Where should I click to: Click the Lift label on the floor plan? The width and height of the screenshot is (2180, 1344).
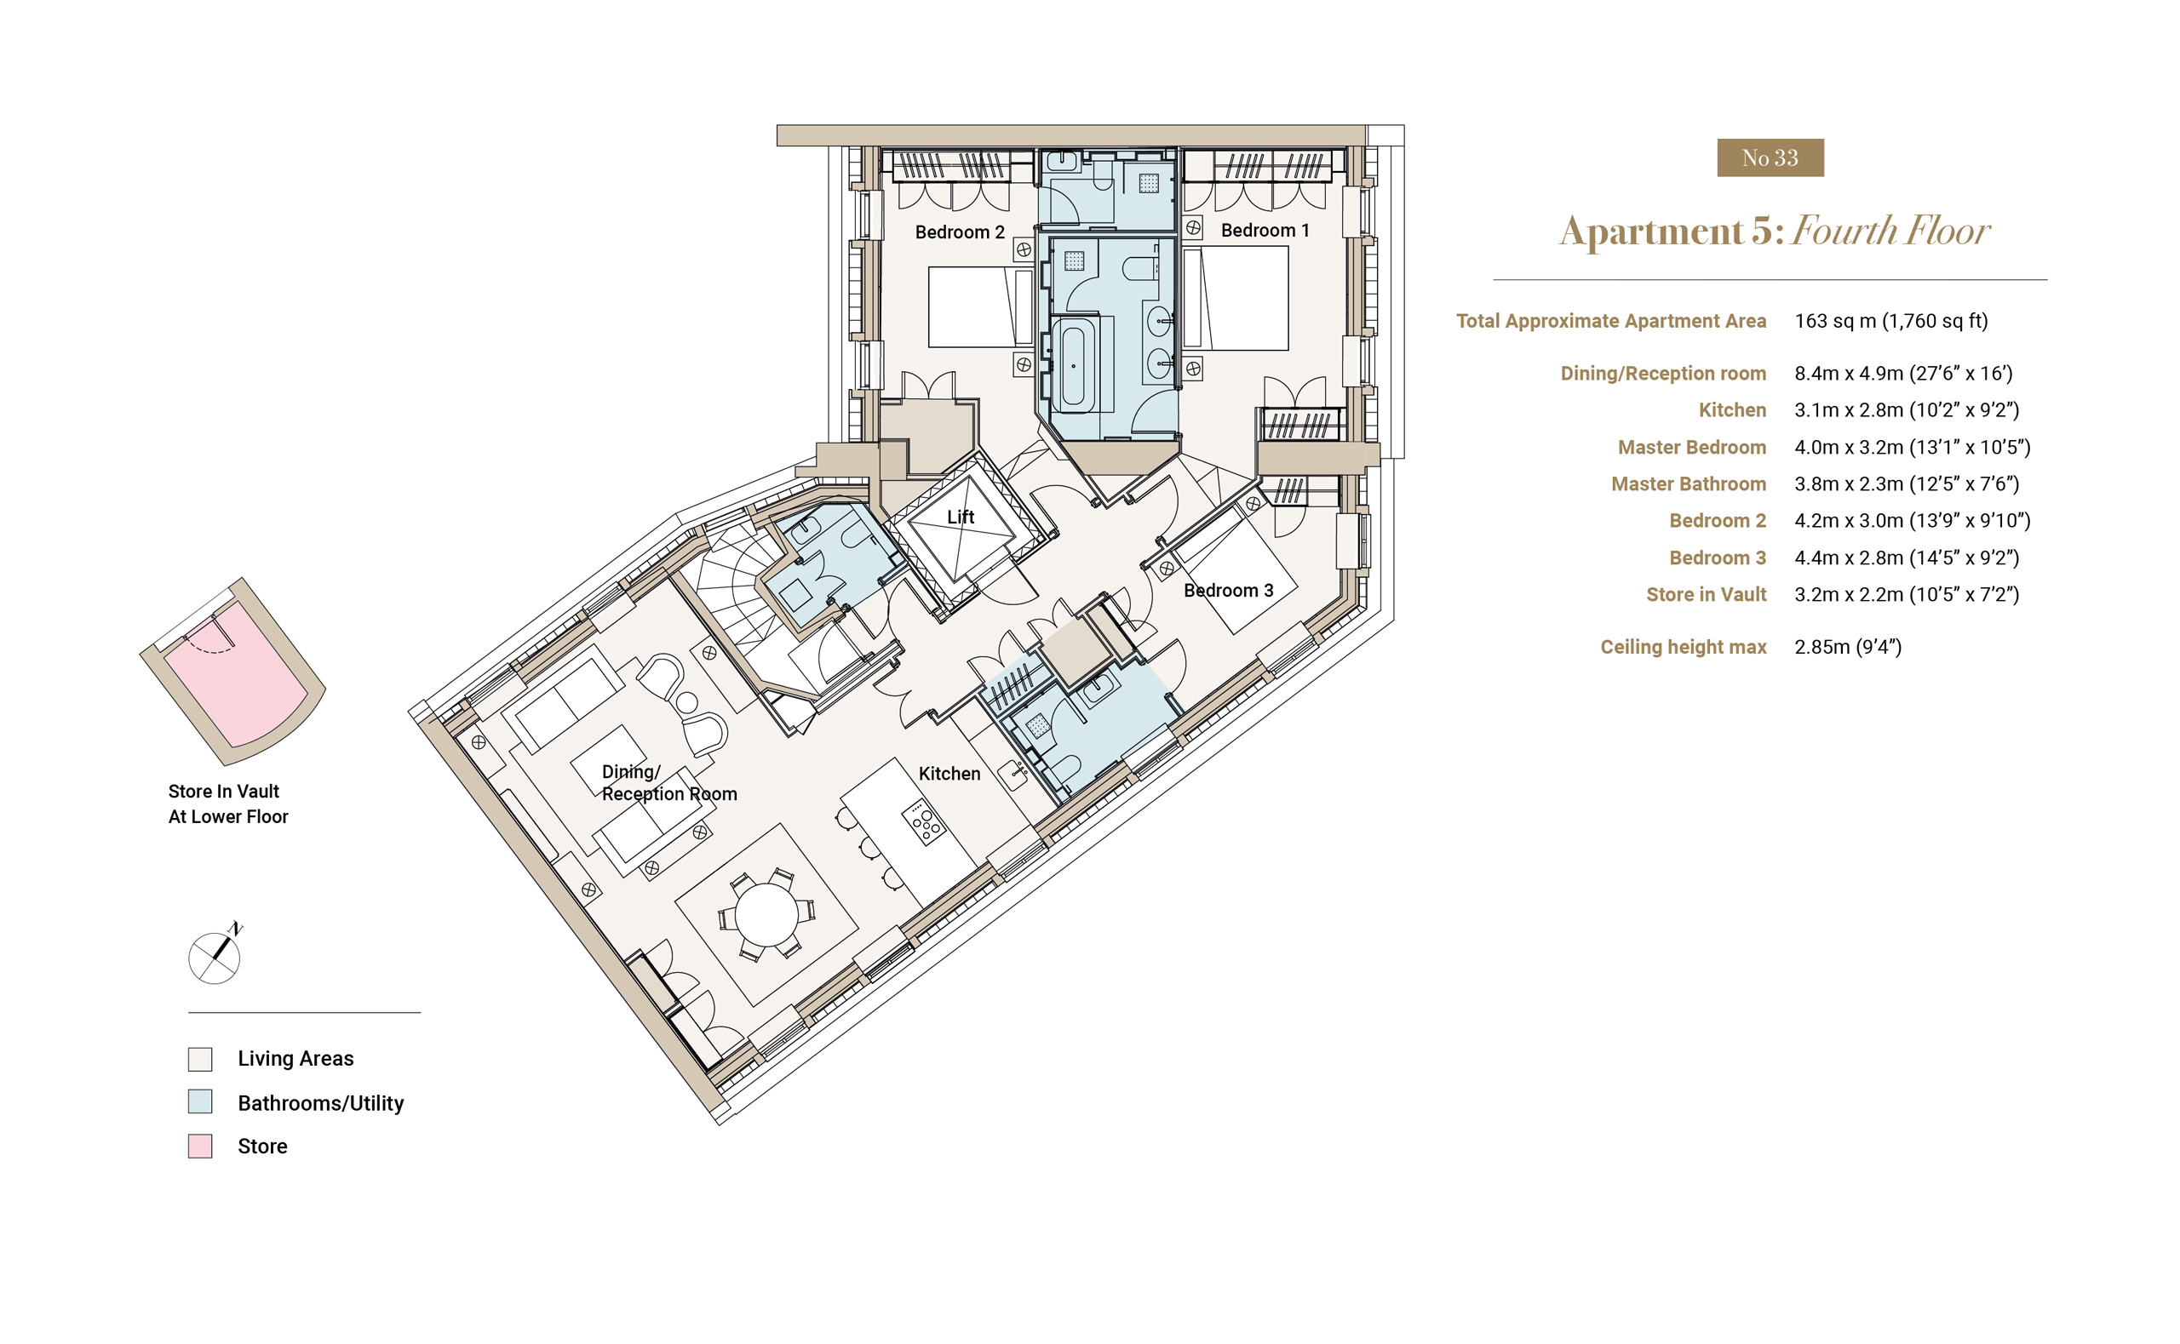tap(961, 518)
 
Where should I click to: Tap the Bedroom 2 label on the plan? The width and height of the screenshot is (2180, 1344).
tap(960, 232)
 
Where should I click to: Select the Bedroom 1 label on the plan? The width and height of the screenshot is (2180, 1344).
tap(1265, 230)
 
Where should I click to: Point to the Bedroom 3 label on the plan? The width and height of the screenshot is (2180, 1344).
tap(1228, 590)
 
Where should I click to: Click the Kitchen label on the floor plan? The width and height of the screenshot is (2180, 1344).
tap(949, 774)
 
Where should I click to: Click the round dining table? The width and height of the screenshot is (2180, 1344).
tap(766, 916)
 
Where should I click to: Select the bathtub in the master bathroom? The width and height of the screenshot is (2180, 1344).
tap(1074, 365)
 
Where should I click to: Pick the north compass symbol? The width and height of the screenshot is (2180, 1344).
tap(215, 956)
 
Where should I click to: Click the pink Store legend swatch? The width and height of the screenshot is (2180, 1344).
tap(200, 1146)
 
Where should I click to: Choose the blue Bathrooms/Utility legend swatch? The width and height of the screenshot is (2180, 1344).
tap(200, 1102)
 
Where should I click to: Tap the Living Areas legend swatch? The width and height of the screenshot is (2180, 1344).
tap(200, 1059)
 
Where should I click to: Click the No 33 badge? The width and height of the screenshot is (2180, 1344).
tap(1770, 157)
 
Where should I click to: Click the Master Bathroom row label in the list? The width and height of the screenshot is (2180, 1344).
tap(1689, 483)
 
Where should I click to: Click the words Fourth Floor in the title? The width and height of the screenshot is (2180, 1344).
tap(1890, 232)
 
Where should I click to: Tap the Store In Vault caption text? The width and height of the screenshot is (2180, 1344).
tap(223, 791)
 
